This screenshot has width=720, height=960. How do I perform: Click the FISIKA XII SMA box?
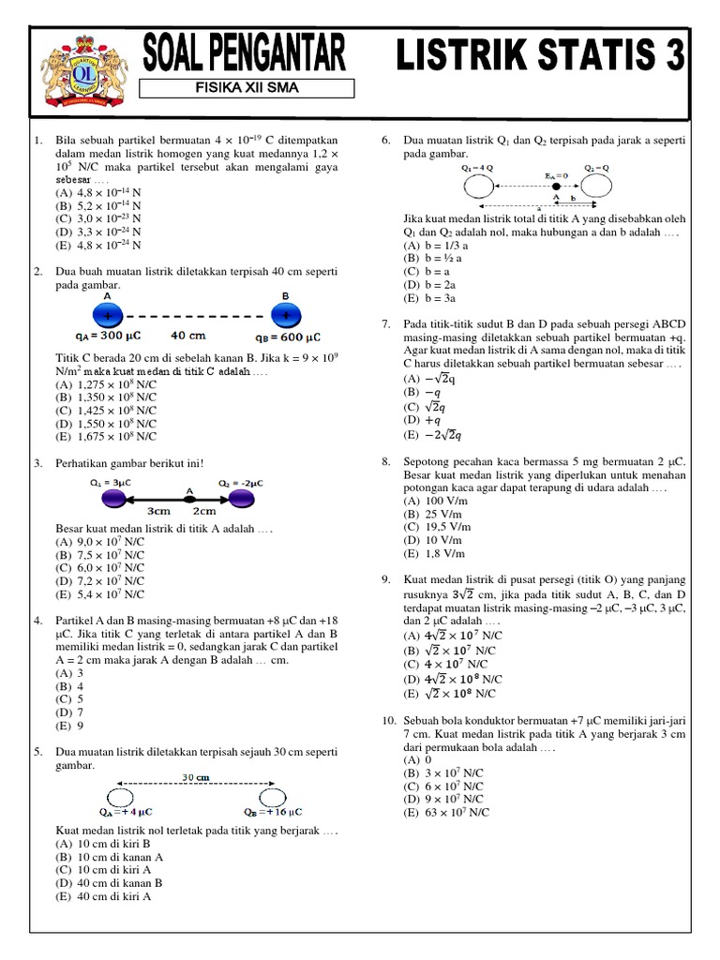tap(247, 89)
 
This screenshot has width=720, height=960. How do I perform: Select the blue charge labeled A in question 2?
tap(106, 313)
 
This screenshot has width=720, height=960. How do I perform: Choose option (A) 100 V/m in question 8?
tap(435, 502)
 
